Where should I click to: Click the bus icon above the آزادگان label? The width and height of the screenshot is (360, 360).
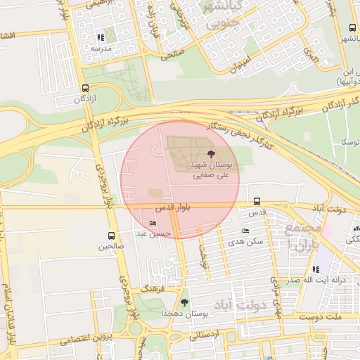[85, 89]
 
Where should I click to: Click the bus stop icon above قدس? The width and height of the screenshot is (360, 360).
[257, 201]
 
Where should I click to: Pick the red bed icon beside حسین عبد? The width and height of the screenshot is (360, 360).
[153, 223]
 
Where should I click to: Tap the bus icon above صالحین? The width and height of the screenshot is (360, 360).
[112, 236]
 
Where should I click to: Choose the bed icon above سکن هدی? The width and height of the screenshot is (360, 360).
[245, 231]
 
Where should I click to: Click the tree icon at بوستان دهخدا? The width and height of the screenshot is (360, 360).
[184, 302]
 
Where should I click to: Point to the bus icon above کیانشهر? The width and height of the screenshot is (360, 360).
[352, 28]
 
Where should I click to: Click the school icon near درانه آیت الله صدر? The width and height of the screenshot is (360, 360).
[316, 269]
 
